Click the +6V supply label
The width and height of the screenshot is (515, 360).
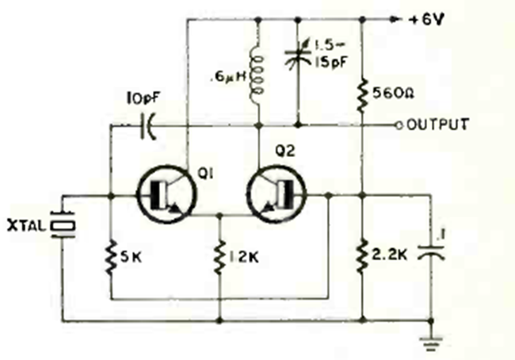(x=426, y=20)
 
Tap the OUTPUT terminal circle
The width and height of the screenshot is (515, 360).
(x=399, y=125)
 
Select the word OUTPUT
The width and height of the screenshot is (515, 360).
(x=437, y=124)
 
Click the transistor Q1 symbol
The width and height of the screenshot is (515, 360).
(x=167, y=194)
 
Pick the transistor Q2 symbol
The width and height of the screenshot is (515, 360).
(x=277, y=194)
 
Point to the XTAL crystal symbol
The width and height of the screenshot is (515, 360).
(x=63, y=225)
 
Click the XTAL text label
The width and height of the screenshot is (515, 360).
(x=26, y=226)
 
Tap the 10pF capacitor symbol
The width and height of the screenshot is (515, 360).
(x=148, y=125)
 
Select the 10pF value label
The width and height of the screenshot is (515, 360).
(x=143, y=100)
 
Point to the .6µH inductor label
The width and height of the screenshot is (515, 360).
(x=229, y=78)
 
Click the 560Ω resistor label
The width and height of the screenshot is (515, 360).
(x=394, y=94)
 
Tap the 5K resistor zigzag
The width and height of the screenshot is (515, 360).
(x=111, y=258)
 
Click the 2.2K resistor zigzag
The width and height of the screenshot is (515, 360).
(x=362, y=255)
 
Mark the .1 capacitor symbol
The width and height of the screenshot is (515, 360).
(x=431, y=252)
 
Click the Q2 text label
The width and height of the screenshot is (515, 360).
(x=285, y=151)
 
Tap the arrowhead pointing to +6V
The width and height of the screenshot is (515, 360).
(x=394, y=20)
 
